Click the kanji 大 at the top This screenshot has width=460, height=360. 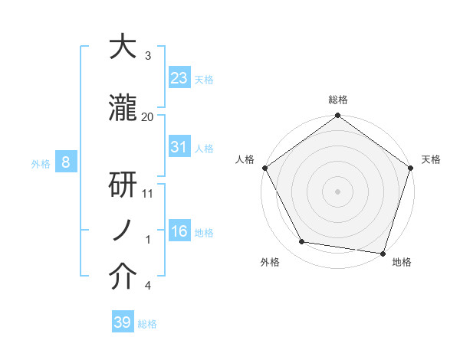(123, 47)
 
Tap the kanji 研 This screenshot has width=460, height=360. (123, 186)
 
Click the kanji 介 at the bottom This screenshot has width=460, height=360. (123, 278)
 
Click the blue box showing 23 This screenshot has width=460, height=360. (179, 77)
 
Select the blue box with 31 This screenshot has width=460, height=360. (179, 147)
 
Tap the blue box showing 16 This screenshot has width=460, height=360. (179, 231)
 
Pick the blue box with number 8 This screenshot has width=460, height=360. (66, 162)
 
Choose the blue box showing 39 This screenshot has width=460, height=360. (123, 322)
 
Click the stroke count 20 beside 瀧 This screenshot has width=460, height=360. (148, 116)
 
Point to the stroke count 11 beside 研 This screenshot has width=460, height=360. (148, 194)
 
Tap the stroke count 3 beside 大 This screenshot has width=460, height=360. (148, 55)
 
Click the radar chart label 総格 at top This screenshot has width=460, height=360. (337, 100)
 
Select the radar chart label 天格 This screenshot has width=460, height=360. (431, 159)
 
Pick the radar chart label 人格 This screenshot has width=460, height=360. (245, 159)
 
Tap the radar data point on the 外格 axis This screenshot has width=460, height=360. (302, 242)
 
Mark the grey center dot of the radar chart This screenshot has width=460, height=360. (337, 191)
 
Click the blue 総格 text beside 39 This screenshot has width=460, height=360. (147, 324)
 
